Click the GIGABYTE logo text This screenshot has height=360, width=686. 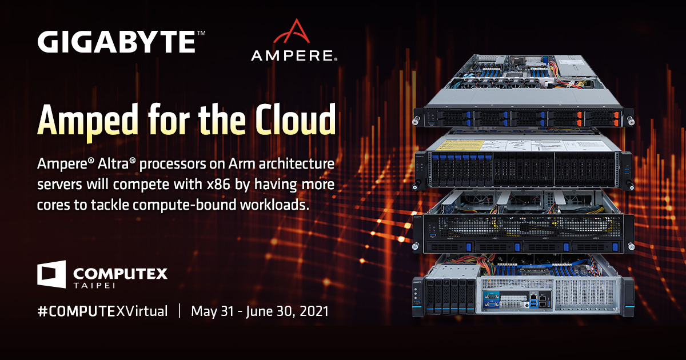[x=117, y=42]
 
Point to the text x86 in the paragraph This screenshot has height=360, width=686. [x=218, y=185]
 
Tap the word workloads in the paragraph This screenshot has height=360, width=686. [x=274, y=205]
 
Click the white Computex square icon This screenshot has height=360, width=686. [x=51, y=274]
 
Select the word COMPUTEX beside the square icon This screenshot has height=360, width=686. [x=121, y=273]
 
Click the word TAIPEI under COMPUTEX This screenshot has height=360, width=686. [x=94, y=286]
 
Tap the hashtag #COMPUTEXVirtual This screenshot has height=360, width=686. [x=102, y=311]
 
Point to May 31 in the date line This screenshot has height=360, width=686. [x=213, y=311]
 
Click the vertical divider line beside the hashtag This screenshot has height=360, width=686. [x=180, y=311]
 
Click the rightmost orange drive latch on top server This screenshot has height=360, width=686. [x=616, y=119]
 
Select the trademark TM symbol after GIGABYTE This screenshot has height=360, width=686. [x=201, y=33]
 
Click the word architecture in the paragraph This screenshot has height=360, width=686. [x=297, y=164]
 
